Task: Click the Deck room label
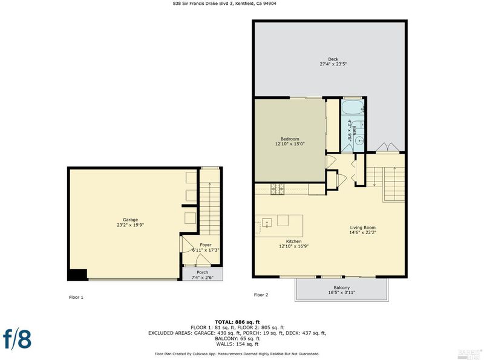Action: click(x=333, y=59)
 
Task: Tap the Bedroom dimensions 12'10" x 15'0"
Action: click(x=290, y=144)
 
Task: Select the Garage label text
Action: click(x=130, y=220)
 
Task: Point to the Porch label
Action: click(x=202, y=272)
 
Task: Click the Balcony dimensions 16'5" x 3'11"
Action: click(x=342, y=292)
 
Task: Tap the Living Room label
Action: click(x=362, y=227)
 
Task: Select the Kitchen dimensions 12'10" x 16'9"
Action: click(x=293, y=246)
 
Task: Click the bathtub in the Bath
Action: click(x=353, y=107)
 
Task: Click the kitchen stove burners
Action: click(x=278, y=189)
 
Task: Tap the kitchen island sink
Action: click(x=267, y=222)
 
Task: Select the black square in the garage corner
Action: click(x=77, y=275)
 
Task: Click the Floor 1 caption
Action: click(x=76, y=297)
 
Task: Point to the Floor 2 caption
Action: click(x=261, y=295)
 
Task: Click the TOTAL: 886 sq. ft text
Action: click(x=237, y=322)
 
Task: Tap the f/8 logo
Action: click(x=18, y=339)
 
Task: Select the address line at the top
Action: click(x=224, y=4)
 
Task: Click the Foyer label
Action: click(x=206, y=245)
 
